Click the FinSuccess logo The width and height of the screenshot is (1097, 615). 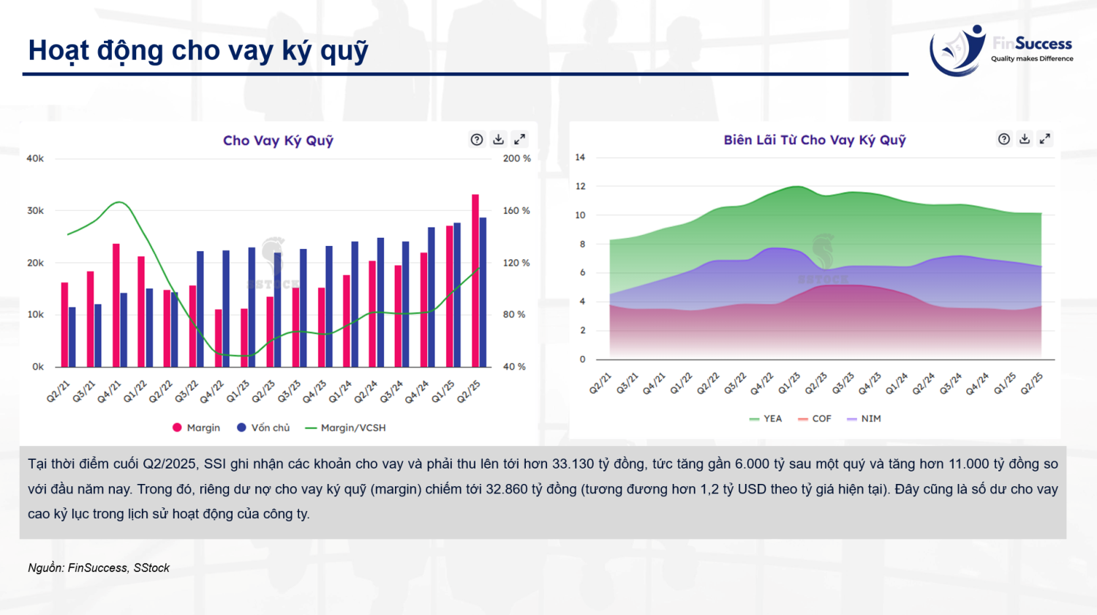coord(1000,50)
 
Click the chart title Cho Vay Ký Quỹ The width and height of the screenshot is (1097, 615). coord(278,141)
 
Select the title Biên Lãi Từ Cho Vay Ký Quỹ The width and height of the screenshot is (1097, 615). coord(815,140)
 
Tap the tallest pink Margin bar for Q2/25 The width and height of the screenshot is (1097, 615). coord(475,280)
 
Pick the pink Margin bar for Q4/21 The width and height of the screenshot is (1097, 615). coord(116,305)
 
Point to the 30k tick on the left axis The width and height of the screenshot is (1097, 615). coord(35,211)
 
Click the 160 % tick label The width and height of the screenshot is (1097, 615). coord(516,211)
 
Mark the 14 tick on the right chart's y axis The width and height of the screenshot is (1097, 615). coord(580,157)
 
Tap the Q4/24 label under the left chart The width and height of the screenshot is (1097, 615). coord(418,391)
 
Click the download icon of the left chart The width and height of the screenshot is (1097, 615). coord(498,139)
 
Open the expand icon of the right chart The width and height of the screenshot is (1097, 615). coord(1045,138)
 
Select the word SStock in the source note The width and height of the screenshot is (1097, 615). coord(151,568)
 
